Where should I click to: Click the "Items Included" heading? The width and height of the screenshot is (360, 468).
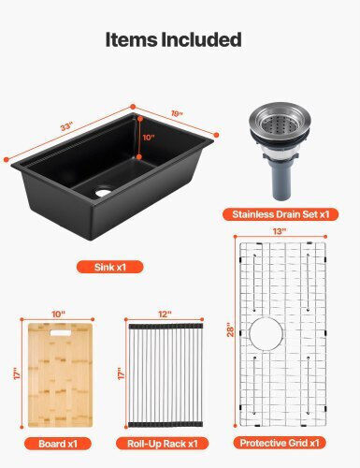pos(174,39)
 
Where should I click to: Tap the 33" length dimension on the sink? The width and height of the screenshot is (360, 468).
pos(66,127)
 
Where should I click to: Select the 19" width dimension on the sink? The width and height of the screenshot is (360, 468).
pos(177,113)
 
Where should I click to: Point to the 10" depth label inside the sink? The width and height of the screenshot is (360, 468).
pos(149,138)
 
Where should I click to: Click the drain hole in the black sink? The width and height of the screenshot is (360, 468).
pos(103,193)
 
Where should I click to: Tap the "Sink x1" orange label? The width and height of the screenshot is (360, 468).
pos(110,267)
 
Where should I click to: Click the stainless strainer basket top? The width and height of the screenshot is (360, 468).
pos(281,121)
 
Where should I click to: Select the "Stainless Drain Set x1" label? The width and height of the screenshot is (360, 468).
pos(281,214)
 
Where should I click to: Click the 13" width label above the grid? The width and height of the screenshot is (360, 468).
pos(280,231)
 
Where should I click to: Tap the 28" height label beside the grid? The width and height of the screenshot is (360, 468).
pos(230,331)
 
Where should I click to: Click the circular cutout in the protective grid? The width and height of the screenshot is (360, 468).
pos(266,334)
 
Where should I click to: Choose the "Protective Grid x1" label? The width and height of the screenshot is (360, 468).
pos(280,443)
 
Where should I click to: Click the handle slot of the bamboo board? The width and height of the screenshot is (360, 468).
pos(61,333)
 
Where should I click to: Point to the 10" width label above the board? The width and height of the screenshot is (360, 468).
pos(58,314)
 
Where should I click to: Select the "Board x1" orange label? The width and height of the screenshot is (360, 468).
pos(58,444)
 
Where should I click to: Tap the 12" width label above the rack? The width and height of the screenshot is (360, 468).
pos(165,314)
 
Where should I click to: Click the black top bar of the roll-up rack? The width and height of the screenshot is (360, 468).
pos(166,327)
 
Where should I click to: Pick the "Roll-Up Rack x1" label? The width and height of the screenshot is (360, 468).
pos(163,444)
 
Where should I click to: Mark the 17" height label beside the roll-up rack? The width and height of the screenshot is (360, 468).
pos(122,373)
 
